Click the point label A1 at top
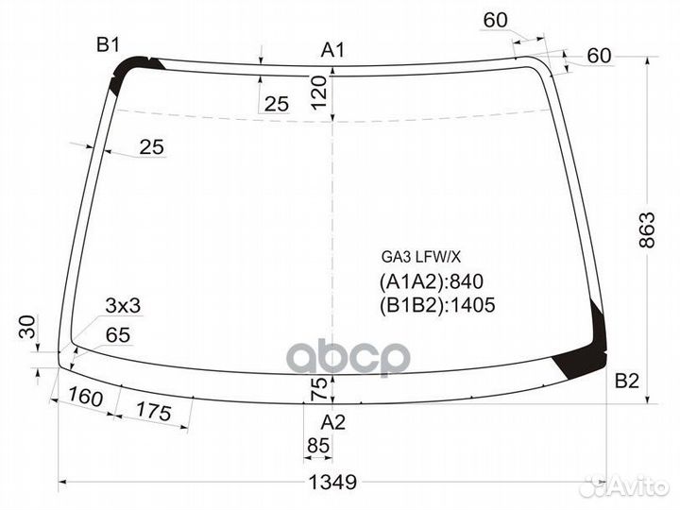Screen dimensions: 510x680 (331, 50)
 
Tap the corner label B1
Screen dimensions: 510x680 (108, 44)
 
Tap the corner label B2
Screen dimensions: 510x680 (627, 382)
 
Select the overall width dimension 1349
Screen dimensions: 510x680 (332, 482)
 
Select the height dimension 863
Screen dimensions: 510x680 (647, 230)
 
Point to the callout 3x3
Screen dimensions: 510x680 (123, 305)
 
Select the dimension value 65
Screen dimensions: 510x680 (118, 335)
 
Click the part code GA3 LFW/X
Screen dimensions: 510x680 (420, 256)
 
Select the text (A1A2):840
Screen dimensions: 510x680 (425, 280)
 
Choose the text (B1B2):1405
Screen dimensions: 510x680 (436, 304)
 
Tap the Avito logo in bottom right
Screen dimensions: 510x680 (623, 486)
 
